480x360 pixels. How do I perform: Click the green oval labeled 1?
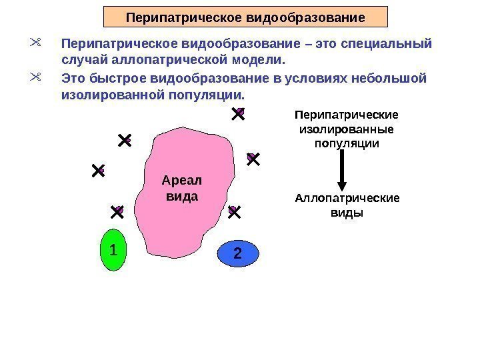[x=113, y=250]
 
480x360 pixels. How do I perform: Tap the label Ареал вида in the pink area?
[x=181, y=189]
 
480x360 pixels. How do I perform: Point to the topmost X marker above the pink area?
[x=238, y=114]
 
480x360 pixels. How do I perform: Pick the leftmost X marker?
[x=99, y=171]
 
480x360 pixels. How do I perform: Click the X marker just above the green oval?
[x=117, y=212]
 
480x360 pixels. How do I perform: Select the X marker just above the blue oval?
[x=233, y=212]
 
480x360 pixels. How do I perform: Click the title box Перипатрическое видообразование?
[x=245, y=16]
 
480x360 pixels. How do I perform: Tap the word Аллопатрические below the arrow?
[x=347, y=199]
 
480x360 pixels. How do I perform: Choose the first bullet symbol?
[x=35, y=44]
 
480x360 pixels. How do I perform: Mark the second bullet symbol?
[x=35, y=78]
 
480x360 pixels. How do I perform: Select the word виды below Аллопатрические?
[x=347, y=214]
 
